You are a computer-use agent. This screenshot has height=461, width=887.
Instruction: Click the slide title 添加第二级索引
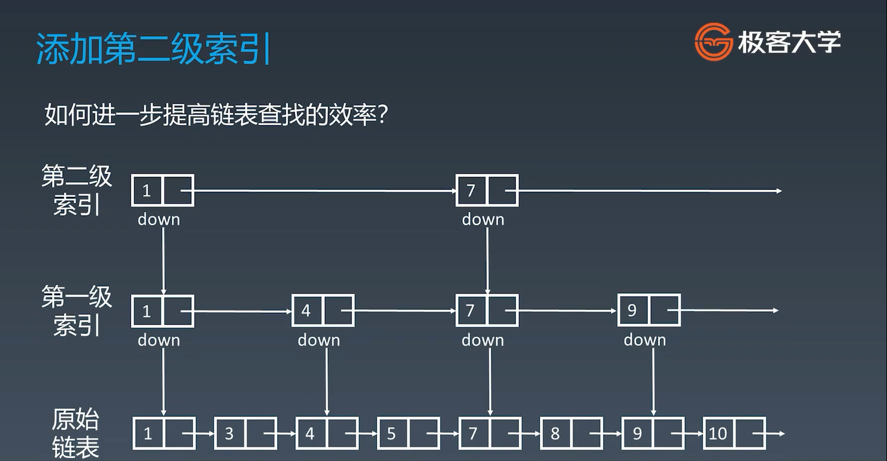coord(154,48)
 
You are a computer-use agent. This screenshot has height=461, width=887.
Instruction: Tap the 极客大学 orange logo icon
coord(713,42)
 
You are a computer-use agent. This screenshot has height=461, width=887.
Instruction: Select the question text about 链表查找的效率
coord(216,115)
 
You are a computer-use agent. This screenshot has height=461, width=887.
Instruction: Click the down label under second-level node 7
coord(483,220)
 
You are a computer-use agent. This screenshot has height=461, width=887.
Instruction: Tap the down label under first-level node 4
coord(319,340)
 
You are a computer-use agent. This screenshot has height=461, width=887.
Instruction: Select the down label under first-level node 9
coord(645,340)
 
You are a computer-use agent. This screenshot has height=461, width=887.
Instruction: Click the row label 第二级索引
coord(77,190)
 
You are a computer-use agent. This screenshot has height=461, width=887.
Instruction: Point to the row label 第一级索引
coord(77,310)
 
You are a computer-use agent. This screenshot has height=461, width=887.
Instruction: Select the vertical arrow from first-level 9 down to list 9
coord(653,380)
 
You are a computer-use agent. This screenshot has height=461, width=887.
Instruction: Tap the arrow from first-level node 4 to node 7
coord(404,310)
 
